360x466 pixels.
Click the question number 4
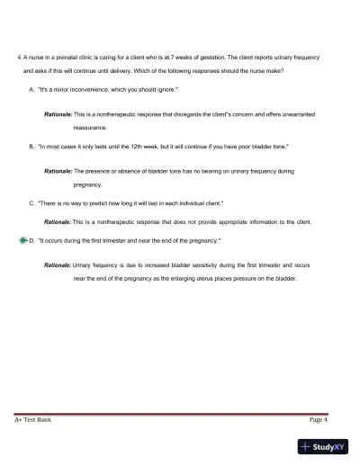(x=19, y=56)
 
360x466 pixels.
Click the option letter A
(x=31, y=91)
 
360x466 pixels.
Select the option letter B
(x=31, y=145)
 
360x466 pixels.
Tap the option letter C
(x=31, y=203)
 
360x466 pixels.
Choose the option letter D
(x=31, y=241)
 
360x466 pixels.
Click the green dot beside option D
(x=22, y=241)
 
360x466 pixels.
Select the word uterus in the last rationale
(x=227, y=279)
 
